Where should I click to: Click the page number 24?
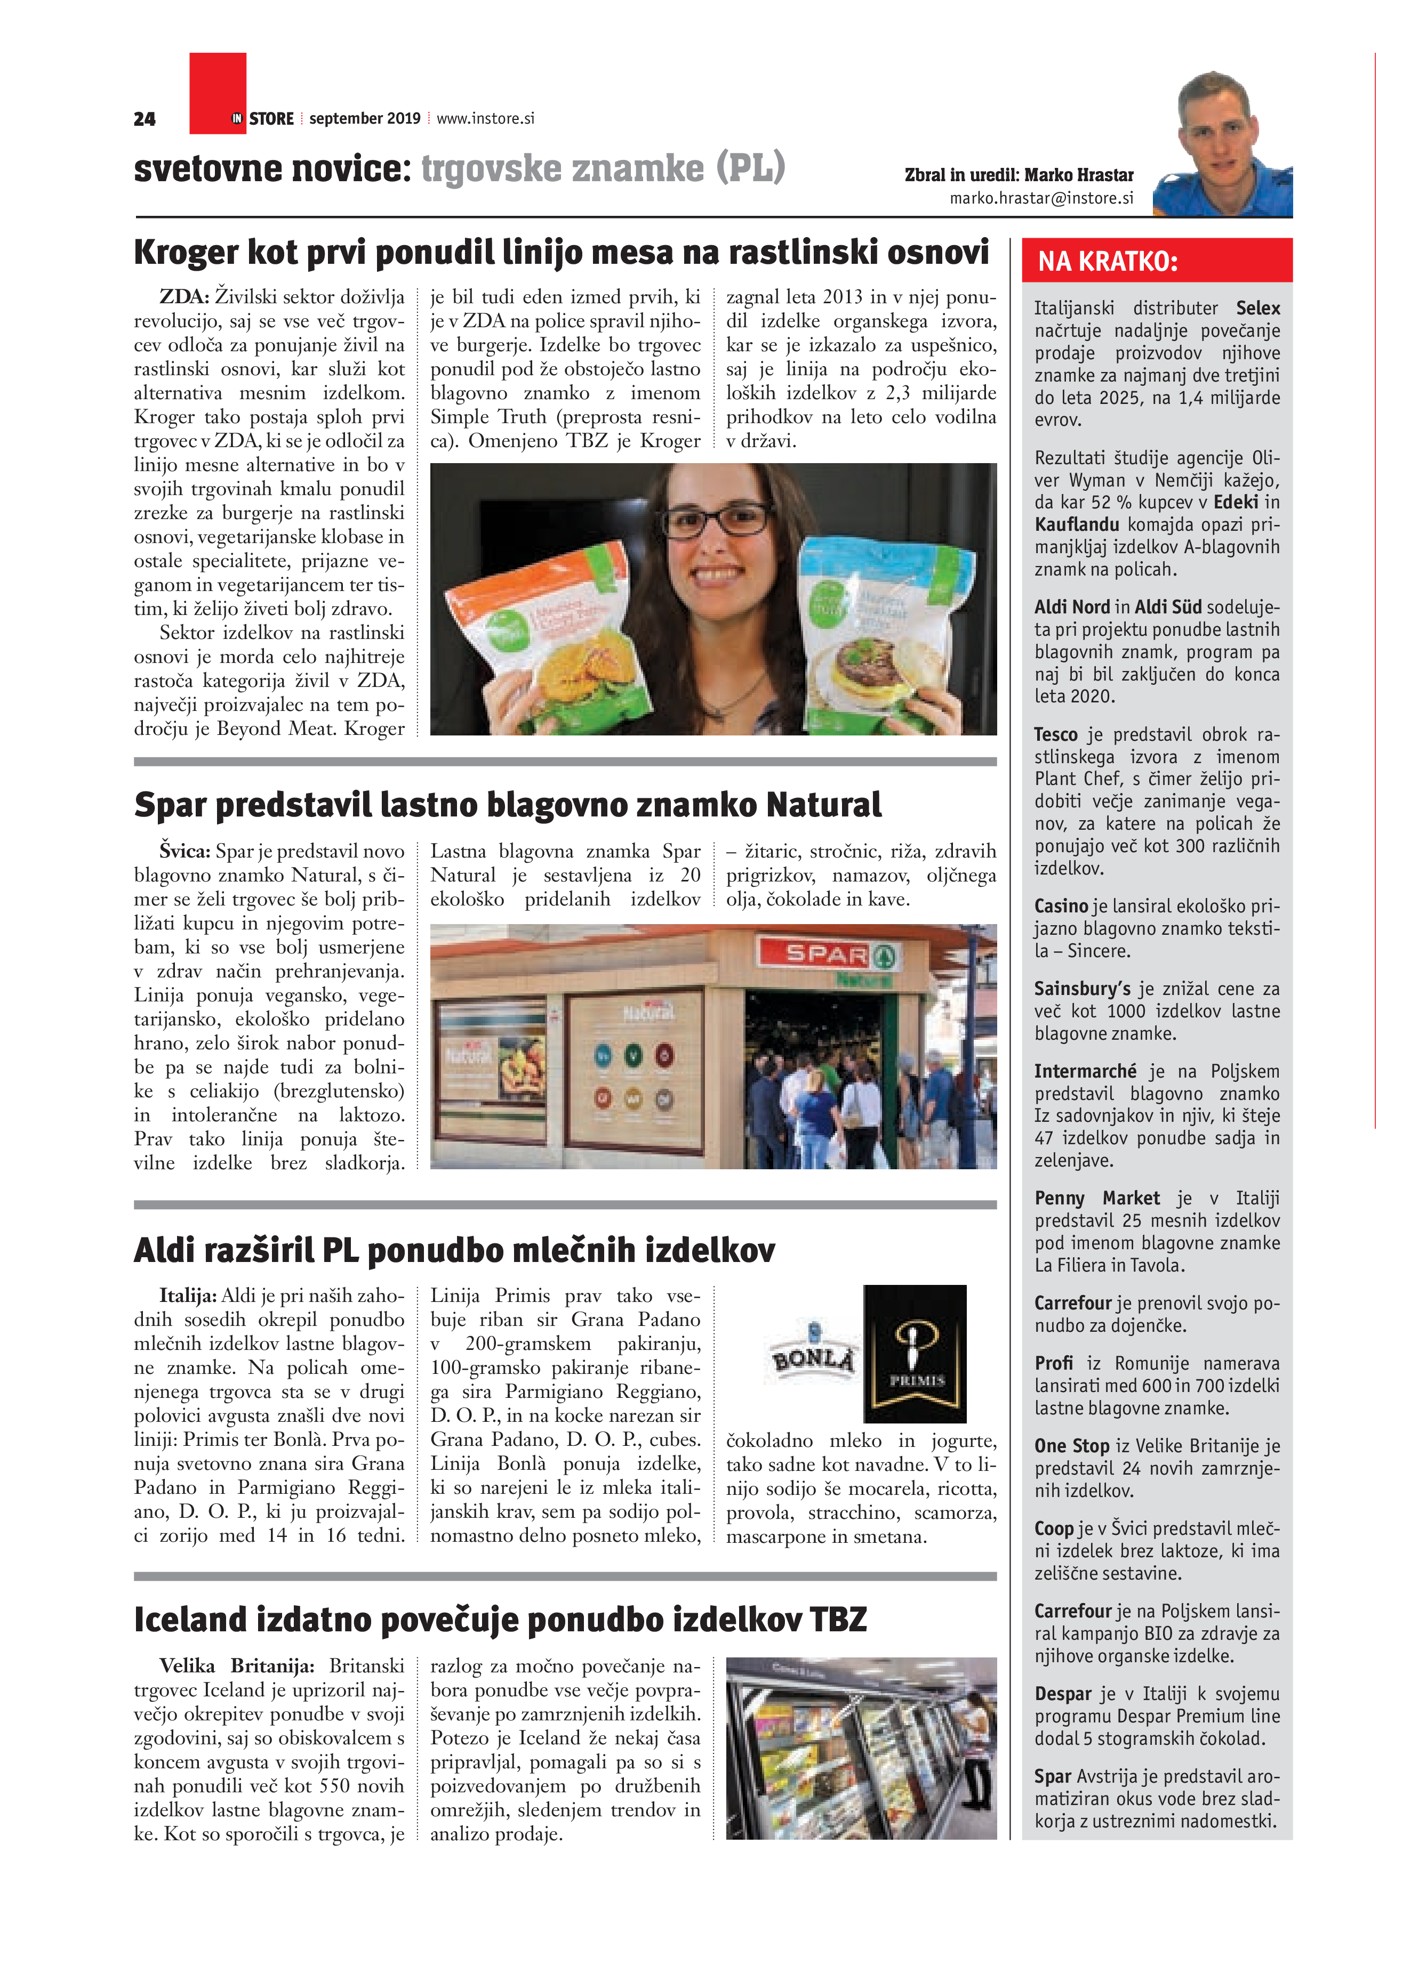(145, 119)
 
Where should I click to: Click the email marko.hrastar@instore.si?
(1041, 198)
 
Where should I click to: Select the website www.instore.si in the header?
(485, 118)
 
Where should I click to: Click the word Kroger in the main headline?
(186, 253)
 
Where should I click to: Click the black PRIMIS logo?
(915, 1353)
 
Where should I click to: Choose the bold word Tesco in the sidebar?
(1056, 734)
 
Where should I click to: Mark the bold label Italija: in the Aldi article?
(187, 1296)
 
